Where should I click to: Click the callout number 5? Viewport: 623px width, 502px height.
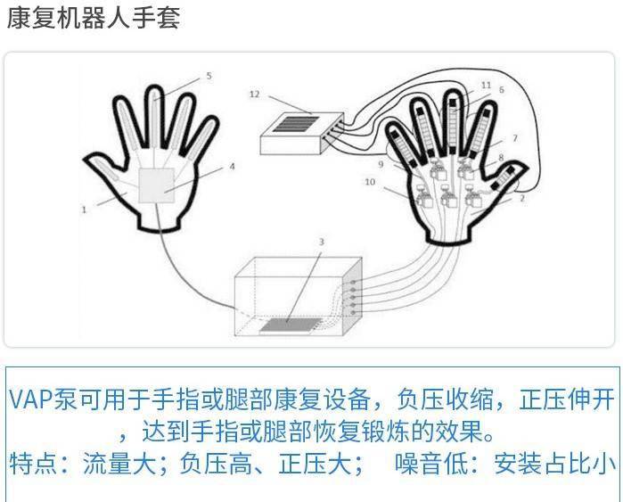click(209, 76)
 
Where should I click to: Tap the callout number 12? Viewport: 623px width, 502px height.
click(254, 95)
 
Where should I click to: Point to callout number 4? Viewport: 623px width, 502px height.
click(232, 166)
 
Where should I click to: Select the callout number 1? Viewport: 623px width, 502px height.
click(84, 209)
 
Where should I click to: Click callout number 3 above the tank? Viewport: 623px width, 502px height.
click(322, 242)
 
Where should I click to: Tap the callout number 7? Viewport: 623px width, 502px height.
click(515, 138)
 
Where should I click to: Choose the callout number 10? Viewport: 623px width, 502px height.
click(370, 182)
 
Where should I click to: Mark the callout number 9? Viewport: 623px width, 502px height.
click(381, 164)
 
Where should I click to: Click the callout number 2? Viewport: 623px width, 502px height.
click(522, 198)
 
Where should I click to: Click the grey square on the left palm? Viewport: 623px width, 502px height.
click(156, 185)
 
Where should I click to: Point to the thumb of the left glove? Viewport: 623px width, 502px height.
click(105, 169)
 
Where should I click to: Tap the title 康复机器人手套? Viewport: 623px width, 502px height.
click(94, 18)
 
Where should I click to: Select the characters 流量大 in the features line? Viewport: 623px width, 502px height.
click(119, 464)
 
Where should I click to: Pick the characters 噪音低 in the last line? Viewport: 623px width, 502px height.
click(431, 464)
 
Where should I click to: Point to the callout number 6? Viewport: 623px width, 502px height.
click(502, 90)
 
